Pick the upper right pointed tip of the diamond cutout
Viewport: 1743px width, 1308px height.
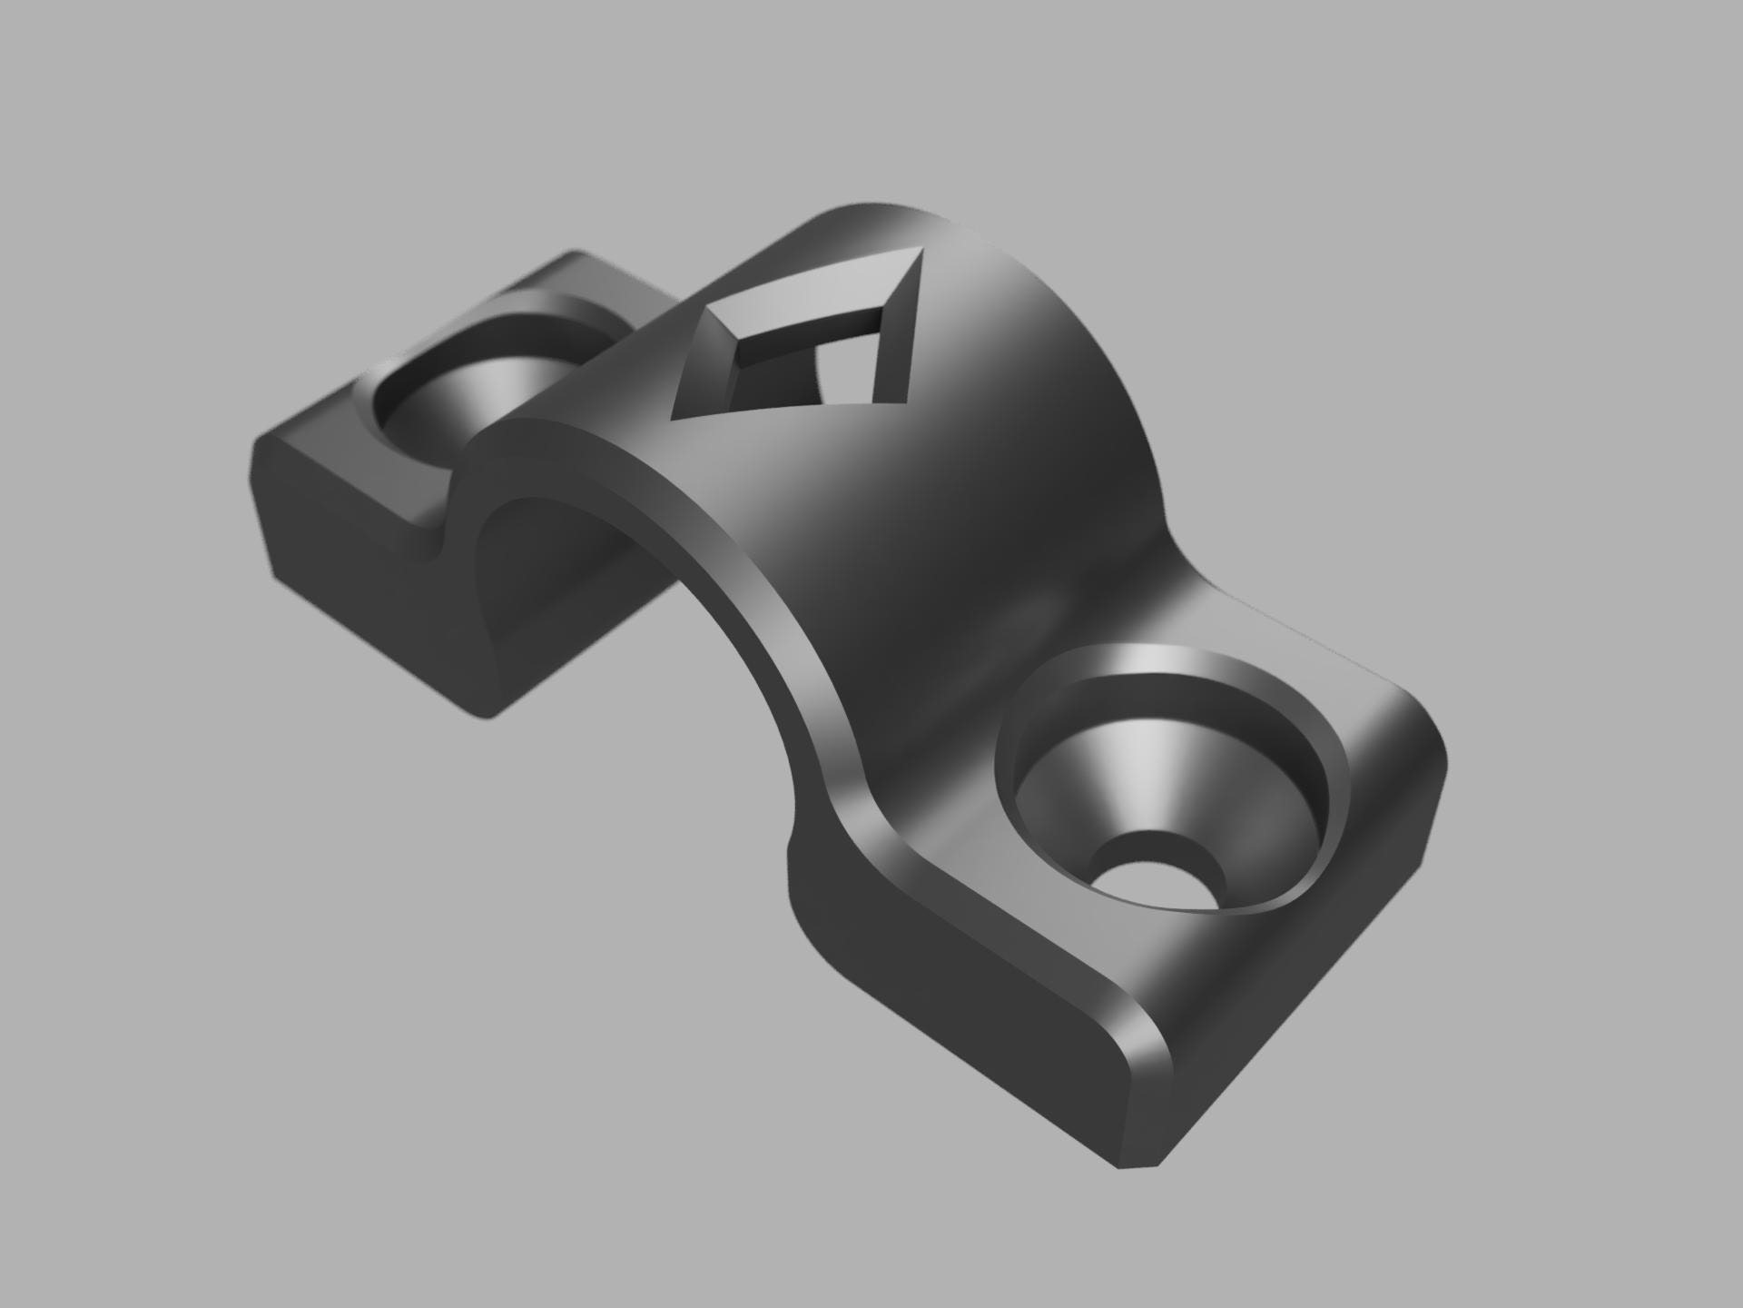pos(920,253)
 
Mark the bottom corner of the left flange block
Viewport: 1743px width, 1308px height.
pos(486,716)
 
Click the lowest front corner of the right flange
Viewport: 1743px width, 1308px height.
pos(1135,1165)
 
